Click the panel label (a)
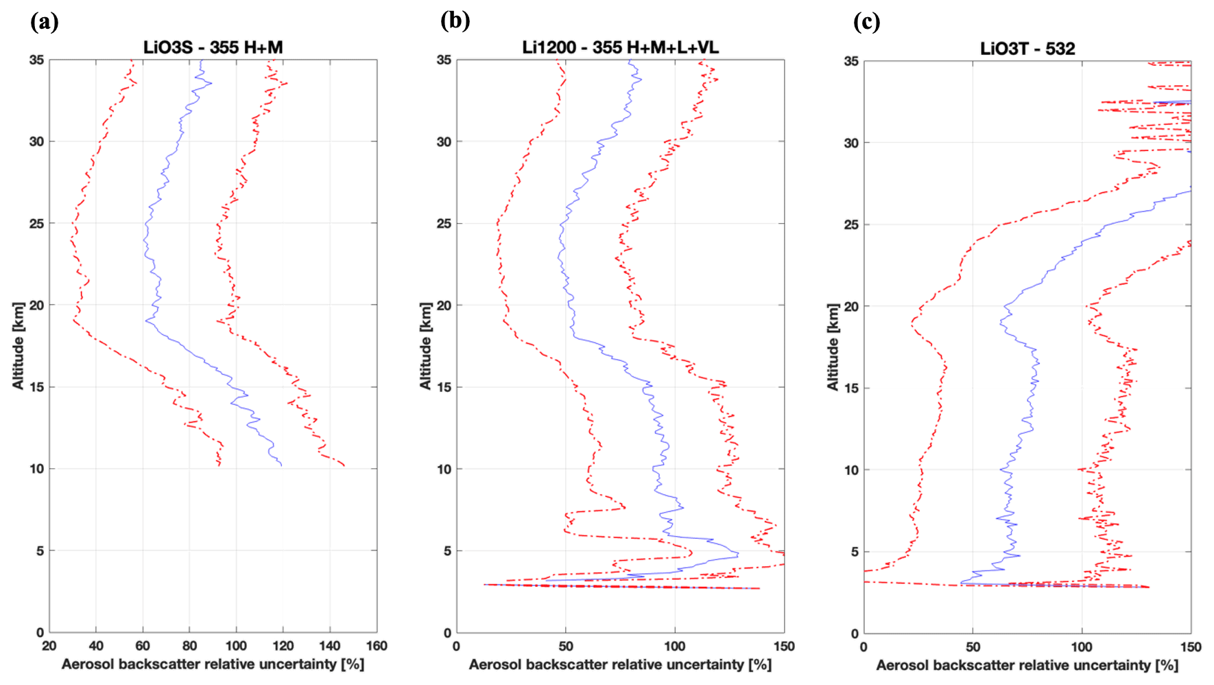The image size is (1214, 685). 45,22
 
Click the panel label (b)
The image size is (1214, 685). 455,21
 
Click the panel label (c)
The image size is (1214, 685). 866,22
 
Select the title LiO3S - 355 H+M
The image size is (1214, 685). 213,47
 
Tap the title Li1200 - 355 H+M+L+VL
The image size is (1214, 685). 620,47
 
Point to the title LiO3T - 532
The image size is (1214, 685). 1027,49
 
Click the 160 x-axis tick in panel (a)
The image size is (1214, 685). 377,646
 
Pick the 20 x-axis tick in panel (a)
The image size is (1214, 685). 49,646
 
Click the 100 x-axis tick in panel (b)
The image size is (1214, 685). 675,646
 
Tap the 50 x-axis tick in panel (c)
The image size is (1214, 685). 973,647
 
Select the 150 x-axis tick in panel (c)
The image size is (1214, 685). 1191,647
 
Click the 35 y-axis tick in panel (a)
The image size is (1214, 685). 36,60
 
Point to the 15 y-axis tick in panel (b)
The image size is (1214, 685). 444,387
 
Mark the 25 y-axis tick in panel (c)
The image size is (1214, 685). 851,224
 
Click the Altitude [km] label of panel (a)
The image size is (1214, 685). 18,346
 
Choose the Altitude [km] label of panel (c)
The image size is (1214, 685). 833,347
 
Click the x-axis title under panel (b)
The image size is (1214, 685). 620,664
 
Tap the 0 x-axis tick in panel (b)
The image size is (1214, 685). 457,646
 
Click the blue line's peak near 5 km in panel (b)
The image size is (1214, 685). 738,554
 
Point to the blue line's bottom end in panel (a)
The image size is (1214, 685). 281,466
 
